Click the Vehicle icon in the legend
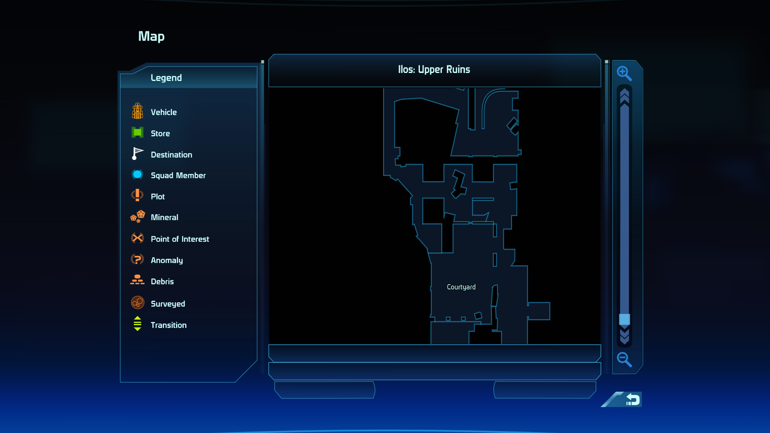(138, 111)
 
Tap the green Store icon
(138, 132)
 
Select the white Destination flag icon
(137, 154)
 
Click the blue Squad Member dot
(138, 174)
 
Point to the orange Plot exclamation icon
(137, 195)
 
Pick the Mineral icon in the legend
(138, 216)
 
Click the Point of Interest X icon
(138, 238)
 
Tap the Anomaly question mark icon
(137, 259)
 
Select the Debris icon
(137, 280)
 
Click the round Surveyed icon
(138, 303)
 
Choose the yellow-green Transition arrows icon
(137, 324)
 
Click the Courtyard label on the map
(461, 287)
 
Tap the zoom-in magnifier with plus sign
(624, 73)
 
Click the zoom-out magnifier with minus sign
(624, 360)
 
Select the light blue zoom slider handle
(624, 319)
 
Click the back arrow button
(633, 400)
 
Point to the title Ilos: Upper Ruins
(434, 70)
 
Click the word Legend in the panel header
(166, 78)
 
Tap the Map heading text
(152, 36)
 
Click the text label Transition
(168, 325)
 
